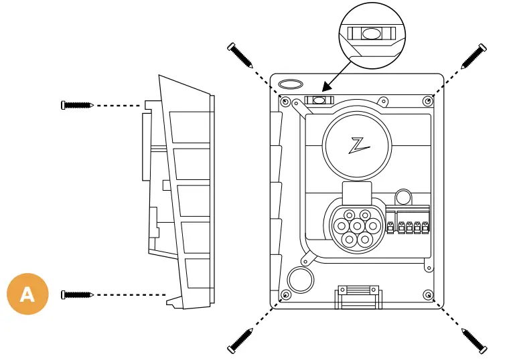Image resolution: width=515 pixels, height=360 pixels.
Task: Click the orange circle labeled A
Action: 27,293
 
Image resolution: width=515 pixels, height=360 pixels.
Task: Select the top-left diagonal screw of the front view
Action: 240,56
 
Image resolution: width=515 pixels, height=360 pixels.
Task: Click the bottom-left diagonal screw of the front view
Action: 240,339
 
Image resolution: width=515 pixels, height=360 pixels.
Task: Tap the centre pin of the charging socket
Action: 354,227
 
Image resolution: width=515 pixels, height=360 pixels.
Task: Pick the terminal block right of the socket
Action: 408,228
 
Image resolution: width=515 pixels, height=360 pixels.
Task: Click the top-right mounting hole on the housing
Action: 427,100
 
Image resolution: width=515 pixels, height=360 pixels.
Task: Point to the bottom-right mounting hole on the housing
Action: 427,294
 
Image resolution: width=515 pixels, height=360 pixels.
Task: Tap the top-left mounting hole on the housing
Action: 286,102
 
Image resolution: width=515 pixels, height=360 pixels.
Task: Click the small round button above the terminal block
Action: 403,197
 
